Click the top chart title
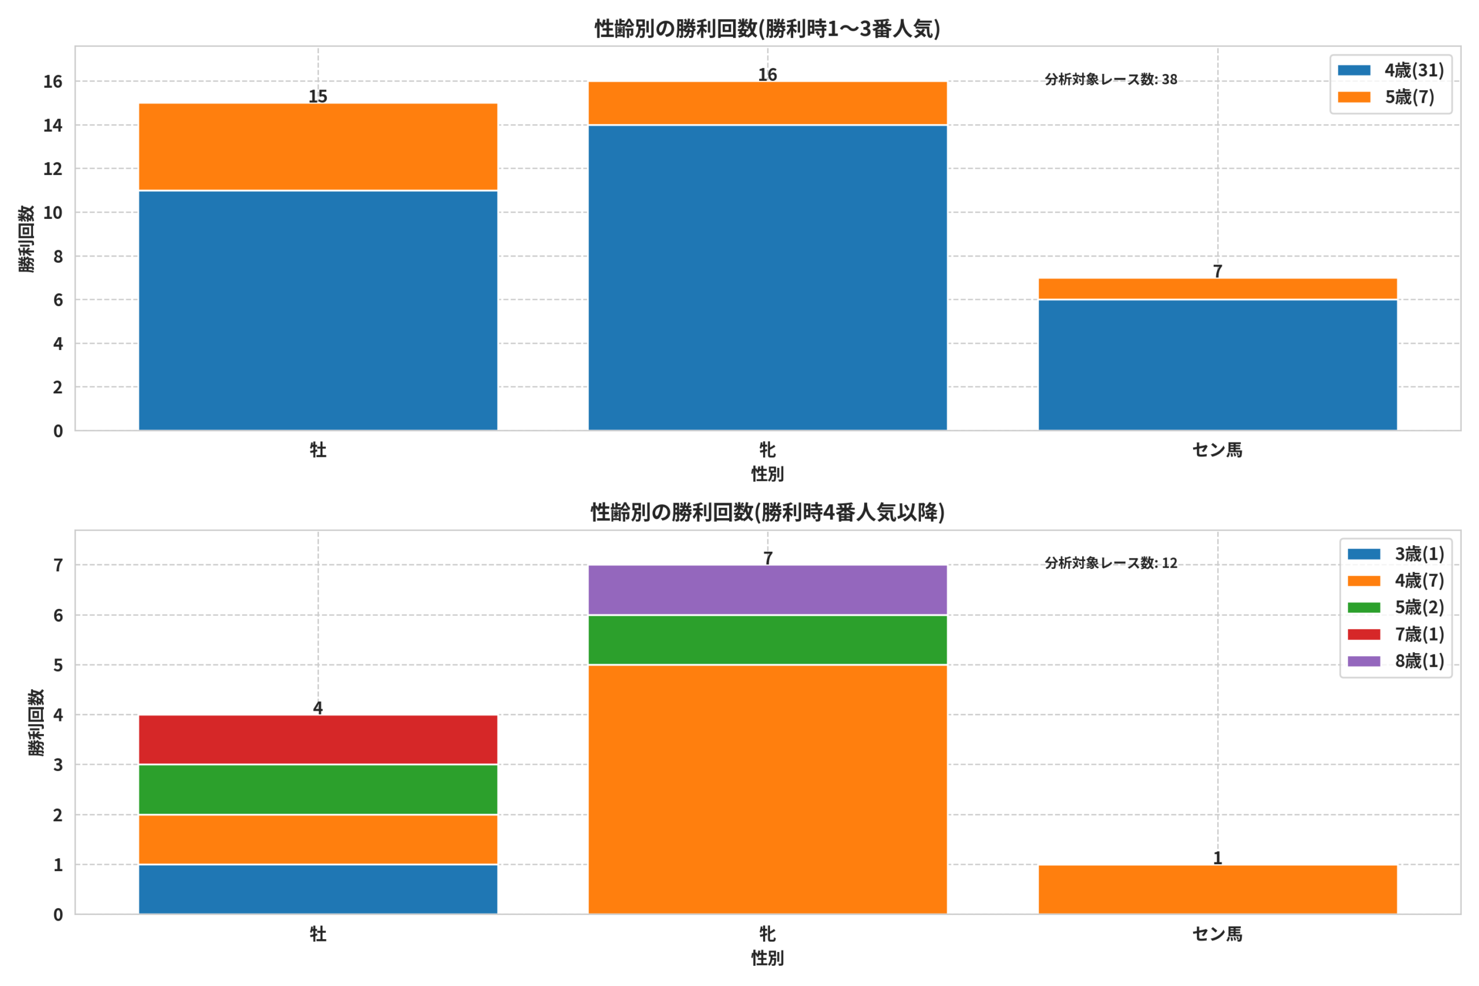click(767, 29)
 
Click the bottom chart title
click(767, 512)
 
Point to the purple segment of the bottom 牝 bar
click(767, 590)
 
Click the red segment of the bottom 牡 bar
click(318, 739)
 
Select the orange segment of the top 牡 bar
click(318, 147)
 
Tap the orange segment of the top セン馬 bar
click(1217, 289)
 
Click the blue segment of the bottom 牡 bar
click(318, 889)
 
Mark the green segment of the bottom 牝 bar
click(767, 639)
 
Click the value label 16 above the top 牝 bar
click(767, 75)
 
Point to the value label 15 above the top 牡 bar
click(318, 96)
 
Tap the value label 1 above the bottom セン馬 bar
click(1217, 858)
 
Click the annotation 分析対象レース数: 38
click(1110, 79)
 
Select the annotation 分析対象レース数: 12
click(1110, 563)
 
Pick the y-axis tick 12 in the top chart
click(53, 169)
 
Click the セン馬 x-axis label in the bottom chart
click(1217, 934)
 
